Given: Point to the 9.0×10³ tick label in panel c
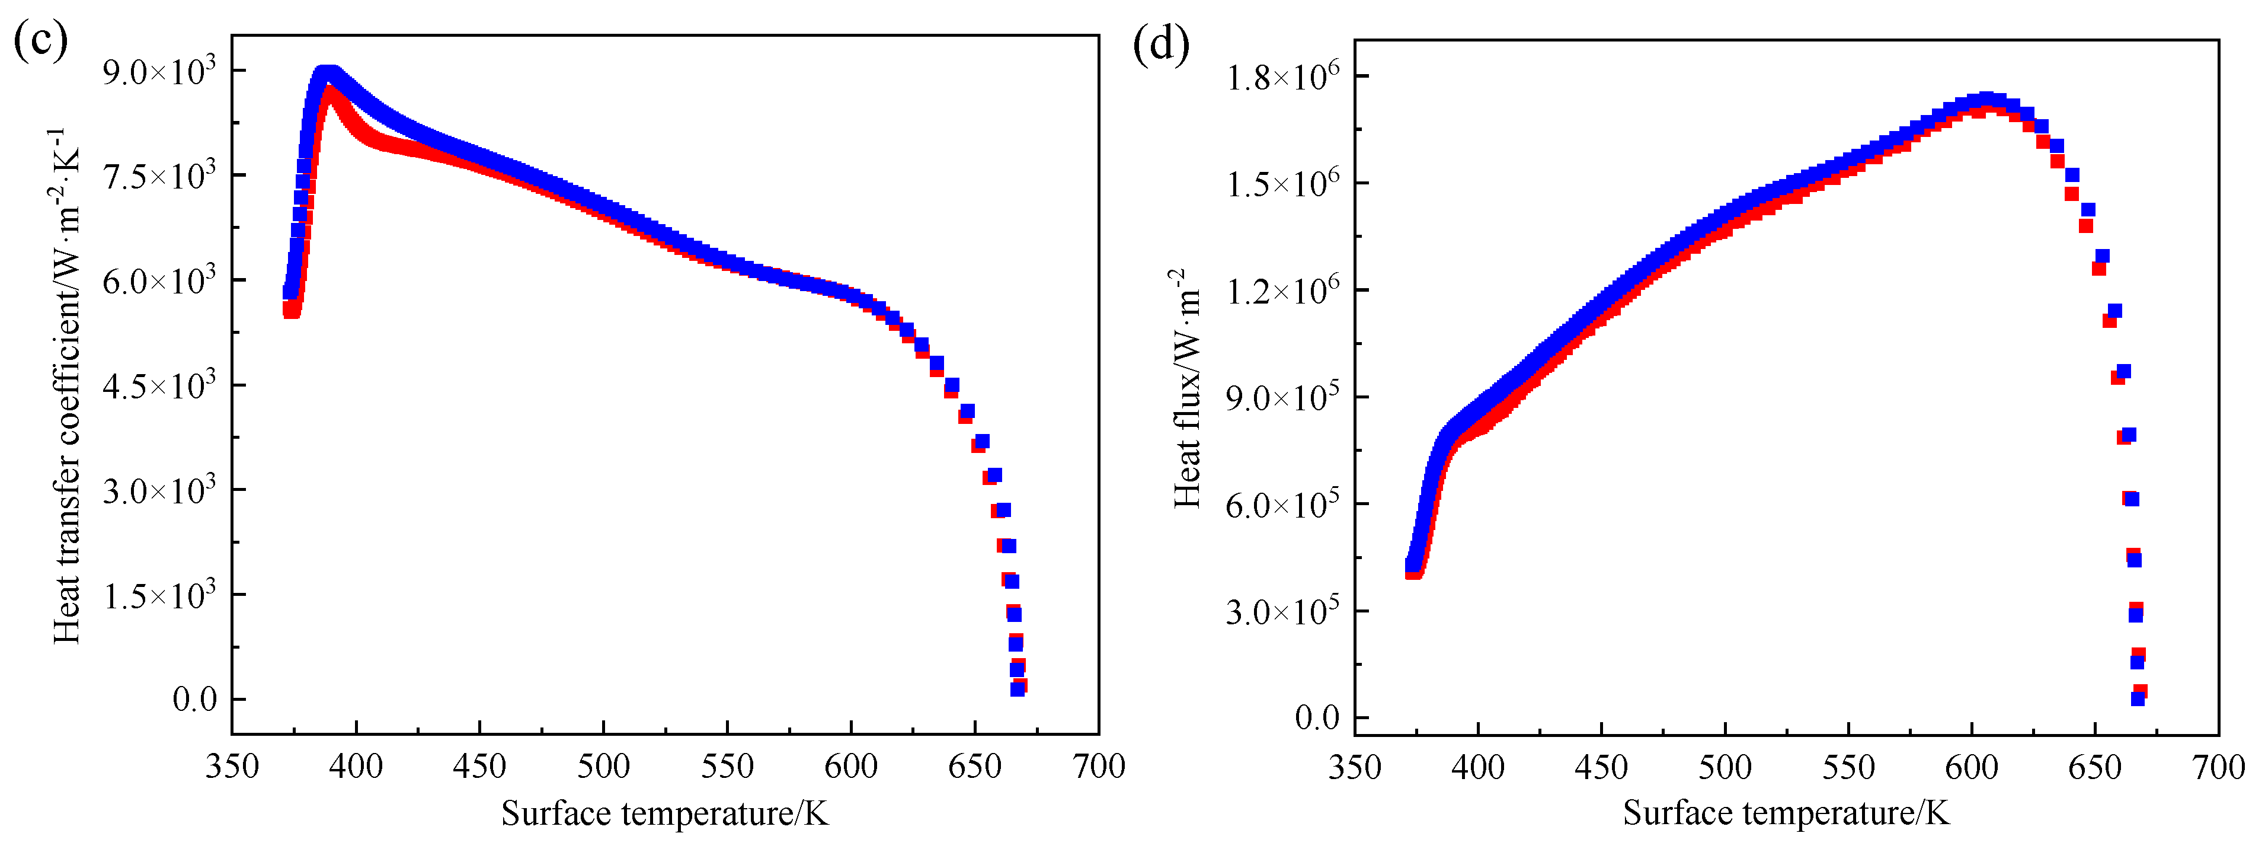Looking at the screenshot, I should [x=158, y=72].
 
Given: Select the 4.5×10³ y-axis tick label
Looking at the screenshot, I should [x=158, y=386].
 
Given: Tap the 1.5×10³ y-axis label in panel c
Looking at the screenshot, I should [x=158, y=596].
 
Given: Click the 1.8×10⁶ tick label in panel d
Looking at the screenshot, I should [x=1283, y=78].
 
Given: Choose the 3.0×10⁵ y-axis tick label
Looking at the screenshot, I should [x=1283, y=612].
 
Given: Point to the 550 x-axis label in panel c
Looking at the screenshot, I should [x=727, y=767].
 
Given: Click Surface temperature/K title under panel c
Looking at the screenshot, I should [x=665, y=813].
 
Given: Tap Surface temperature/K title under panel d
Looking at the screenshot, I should [x=1786, y=813].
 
